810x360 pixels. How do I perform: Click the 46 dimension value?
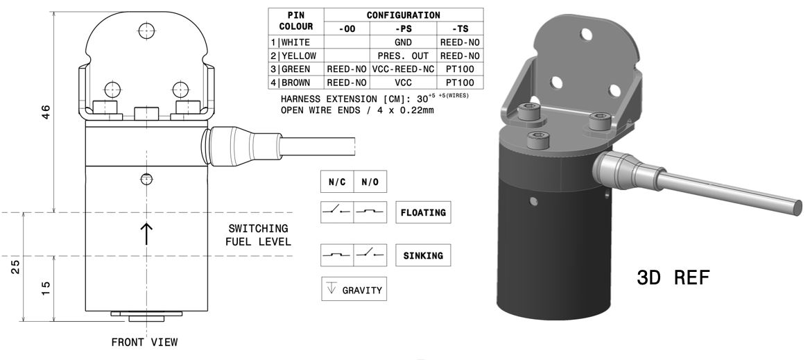click(46, 112)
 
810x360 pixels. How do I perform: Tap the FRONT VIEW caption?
click(145, 341)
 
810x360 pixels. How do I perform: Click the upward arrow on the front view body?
click(146, 233)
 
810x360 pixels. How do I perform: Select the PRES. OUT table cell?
click(403, 55)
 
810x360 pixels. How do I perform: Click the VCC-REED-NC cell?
click(403, 69)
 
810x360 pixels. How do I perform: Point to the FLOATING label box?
click(423, 212)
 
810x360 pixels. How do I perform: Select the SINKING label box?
click(423, 255)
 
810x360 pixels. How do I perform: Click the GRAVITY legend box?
click(354, 289)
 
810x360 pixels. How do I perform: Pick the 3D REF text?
click(673, 277)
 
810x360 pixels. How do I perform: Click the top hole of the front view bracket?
click(146, 30)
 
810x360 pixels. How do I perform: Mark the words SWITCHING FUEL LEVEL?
click(258, 235)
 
